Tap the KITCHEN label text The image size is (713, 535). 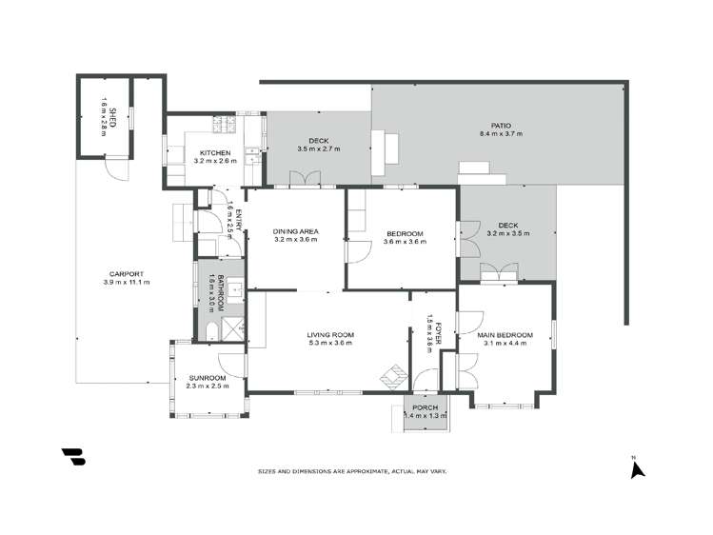pyautogui.click(x=214, y=153)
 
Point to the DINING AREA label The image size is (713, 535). pyautogui.click(x=295, y=231)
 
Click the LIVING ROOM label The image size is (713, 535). pyautogui.click(x=330, y=334)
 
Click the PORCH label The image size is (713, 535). pyautogui.click(x=426, y=407)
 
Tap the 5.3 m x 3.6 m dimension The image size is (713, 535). pyautogui.click(x=330, y=343)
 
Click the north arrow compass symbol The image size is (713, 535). pyautogui.click(x=639, y=467)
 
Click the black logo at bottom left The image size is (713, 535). pyautogui.click(x=73, y=456)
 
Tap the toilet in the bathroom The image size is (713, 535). pyautogui.click(x=209, y=331)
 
